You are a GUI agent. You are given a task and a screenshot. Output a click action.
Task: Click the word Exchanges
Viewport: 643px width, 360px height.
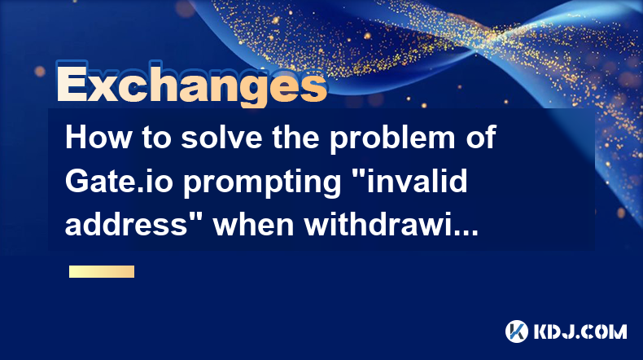192,84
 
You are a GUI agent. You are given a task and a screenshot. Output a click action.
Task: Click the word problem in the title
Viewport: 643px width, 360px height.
392,139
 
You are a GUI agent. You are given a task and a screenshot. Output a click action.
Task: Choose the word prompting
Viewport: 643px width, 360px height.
262,183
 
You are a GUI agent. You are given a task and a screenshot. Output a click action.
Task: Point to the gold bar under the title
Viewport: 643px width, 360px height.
102,272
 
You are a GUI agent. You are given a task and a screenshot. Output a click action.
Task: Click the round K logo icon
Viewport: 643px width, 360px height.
516,331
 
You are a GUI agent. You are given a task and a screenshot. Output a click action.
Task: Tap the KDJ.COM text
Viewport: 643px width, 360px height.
580,331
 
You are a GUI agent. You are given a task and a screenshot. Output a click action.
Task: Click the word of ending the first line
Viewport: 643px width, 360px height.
481,137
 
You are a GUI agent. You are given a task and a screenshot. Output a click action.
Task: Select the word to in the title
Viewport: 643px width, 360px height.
156,138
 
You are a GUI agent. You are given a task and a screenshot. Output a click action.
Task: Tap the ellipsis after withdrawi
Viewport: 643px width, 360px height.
466,233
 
